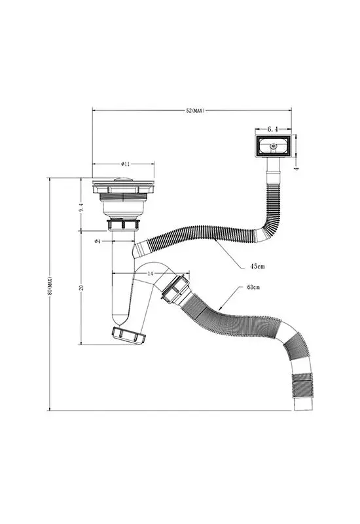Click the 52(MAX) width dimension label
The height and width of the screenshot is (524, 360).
click(194, 111)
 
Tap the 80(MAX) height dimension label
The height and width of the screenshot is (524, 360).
click(50, 286)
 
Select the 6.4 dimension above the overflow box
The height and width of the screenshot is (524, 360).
click(273, 129)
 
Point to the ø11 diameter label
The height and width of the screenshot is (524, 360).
click(125, 164)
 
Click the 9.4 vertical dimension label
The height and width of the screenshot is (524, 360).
click(81, 207)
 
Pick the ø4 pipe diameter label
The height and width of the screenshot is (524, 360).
click(98, 241)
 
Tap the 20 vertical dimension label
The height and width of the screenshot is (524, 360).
click(81, 288)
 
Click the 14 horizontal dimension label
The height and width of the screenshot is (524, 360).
click(150, 273)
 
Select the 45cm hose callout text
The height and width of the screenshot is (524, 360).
click(257, 267)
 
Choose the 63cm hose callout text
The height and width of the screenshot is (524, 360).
click(254, 287)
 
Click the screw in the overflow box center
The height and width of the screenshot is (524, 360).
click(274, 145)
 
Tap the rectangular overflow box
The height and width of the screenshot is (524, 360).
click(273, 146)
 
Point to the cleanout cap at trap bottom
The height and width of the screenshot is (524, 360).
click(129, 335)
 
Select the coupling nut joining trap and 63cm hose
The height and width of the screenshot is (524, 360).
click(175, 288)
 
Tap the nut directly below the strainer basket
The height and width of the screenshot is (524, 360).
click(123, 225)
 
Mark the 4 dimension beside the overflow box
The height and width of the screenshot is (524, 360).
click(296, 168)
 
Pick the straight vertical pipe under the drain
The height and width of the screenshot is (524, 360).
click(122, 274)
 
